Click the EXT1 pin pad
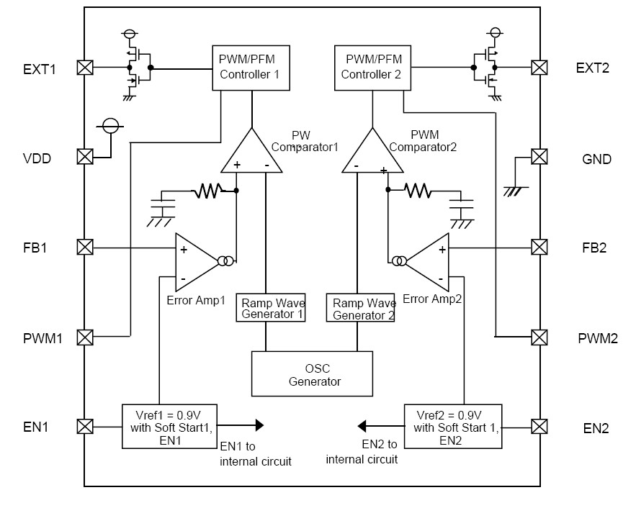click(85, 68)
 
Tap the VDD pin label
click(37, 158)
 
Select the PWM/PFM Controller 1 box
click(251, 68)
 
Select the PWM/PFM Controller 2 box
click(372, 68)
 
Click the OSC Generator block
click(312, 373)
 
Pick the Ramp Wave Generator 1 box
click(271, 308)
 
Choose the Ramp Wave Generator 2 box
click(361, 308)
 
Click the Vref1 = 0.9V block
click(169, 426)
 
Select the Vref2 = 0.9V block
click(453, 426)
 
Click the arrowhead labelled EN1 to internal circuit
click(259, 425)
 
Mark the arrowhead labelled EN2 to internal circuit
click(362, 426)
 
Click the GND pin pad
click(539, 157)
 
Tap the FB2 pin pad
click(539, 247)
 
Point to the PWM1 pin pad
click(85, 337)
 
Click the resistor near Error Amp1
click(208, 191)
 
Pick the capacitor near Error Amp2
click(461, 204)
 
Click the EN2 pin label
click(596, 428)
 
